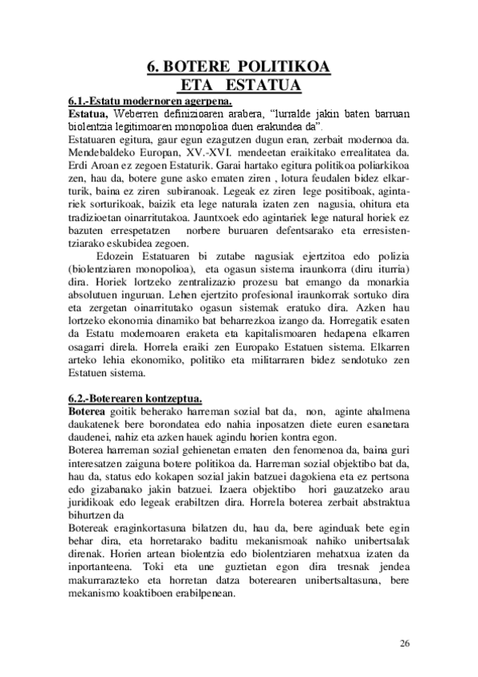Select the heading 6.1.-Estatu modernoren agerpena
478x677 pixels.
point(149,101)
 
